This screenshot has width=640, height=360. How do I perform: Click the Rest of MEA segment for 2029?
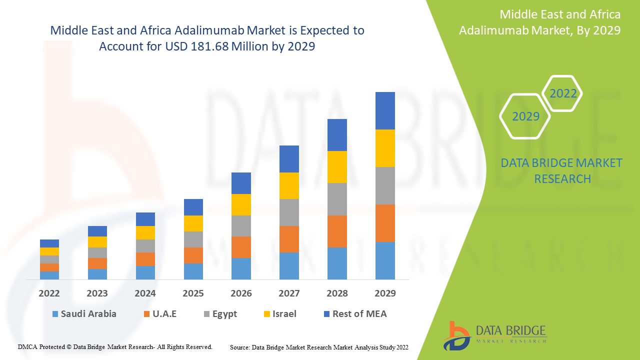tap(385, 110)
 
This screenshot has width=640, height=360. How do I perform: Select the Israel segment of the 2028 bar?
tap(337, 167)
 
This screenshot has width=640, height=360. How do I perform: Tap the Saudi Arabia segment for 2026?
tap(241, 268)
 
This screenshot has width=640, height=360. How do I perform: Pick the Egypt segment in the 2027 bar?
tap(289, 212)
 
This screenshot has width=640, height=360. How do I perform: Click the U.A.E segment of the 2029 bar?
tap(385, 223)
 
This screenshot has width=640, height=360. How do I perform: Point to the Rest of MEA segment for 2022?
tap(49, 243)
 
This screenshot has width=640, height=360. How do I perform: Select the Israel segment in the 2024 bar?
tap(145, 232)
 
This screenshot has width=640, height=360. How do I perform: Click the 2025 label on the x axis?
tap(193, 293)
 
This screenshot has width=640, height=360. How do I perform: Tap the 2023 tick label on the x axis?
tap(97, 293)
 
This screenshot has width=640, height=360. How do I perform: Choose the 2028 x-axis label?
tap(337, 293)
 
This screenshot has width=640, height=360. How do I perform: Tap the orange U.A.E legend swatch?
tap(147, 314)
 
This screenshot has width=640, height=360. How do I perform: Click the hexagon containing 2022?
tap(562, 93)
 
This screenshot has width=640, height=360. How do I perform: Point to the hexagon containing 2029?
tap(525, 116)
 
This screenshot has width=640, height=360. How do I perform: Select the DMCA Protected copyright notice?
tap(115, 346)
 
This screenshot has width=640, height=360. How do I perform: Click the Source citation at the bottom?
tap(319, 347)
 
